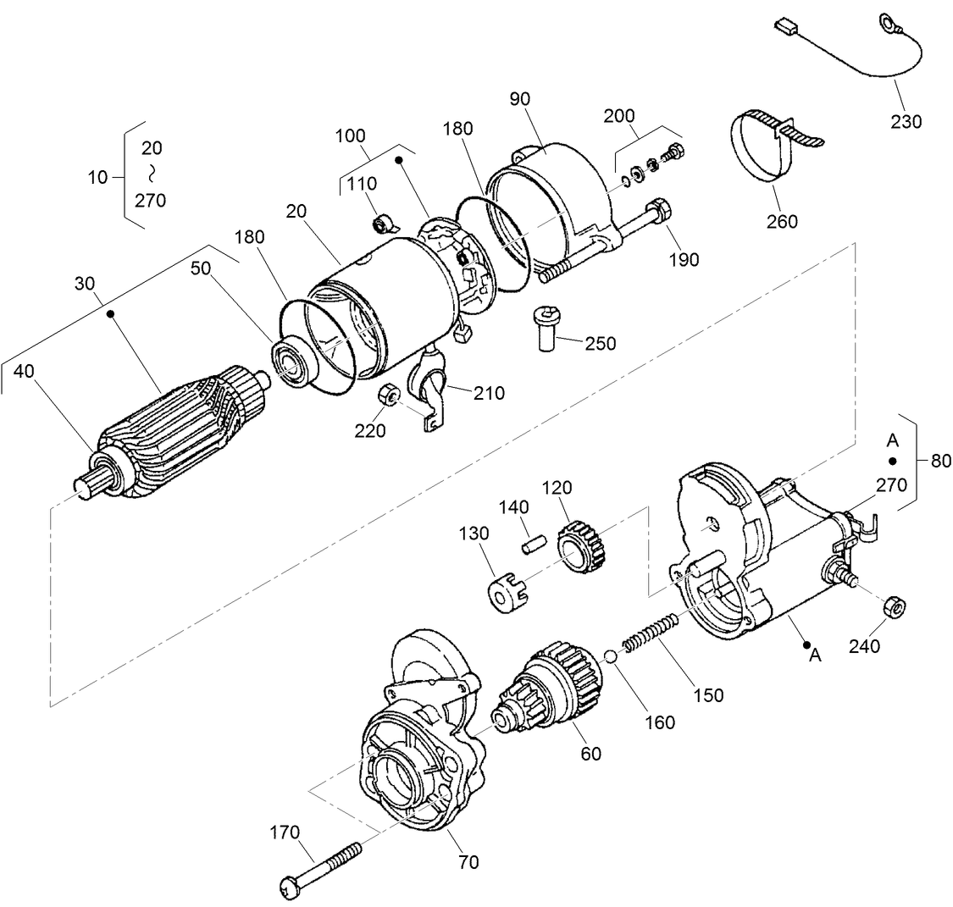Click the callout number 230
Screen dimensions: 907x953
click(906, 121)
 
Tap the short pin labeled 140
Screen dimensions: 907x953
click(532, 544)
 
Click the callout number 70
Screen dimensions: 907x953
click(468, 862)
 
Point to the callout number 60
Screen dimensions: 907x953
click(590, 752)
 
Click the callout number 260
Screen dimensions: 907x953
click(782, 221)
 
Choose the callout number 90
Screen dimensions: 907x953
click(519, 98)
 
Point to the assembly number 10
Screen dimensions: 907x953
click(97, 177)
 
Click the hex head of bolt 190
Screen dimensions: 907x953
click(658, 208)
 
